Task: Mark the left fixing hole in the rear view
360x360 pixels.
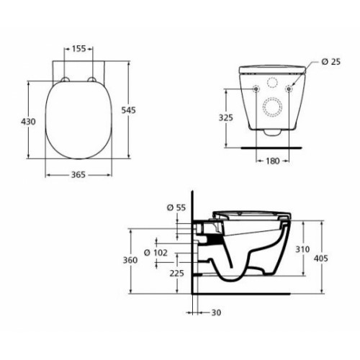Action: pyautogui.click(x=257, y=89)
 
